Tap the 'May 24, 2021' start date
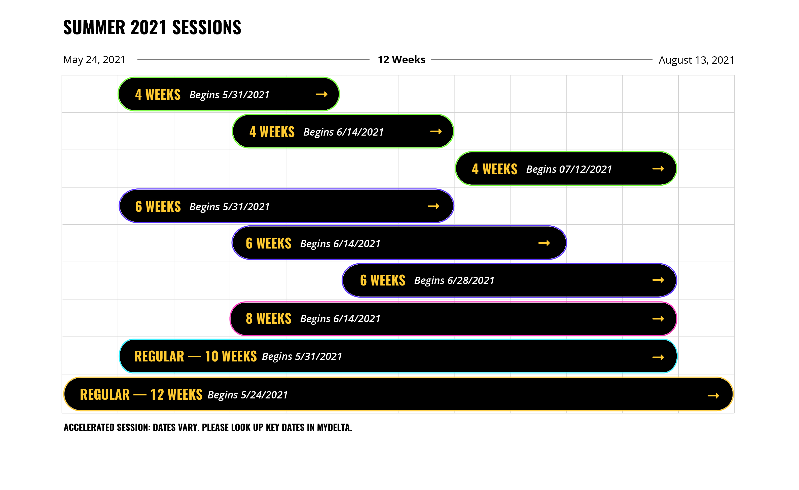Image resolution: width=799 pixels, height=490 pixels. click(94, 60)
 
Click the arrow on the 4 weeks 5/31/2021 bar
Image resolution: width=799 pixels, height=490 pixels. click(322, 94)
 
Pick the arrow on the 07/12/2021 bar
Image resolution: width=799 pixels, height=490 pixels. click(658, 169)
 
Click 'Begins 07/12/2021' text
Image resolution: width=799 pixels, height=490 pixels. click(569, 169)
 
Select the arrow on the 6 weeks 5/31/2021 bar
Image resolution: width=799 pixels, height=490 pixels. click(433, 206)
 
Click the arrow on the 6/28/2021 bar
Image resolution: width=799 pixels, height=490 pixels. click(658, 280)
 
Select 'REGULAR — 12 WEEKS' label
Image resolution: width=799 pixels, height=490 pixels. click(141, 395)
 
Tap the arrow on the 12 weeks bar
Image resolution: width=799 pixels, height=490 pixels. click(713, 395)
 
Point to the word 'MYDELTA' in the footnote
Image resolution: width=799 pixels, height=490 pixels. click(334, 427)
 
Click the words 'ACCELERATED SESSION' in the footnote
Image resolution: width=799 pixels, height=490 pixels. click(107, 427)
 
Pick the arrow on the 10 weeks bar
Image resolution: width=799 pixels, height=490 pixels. click(658, 357)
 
